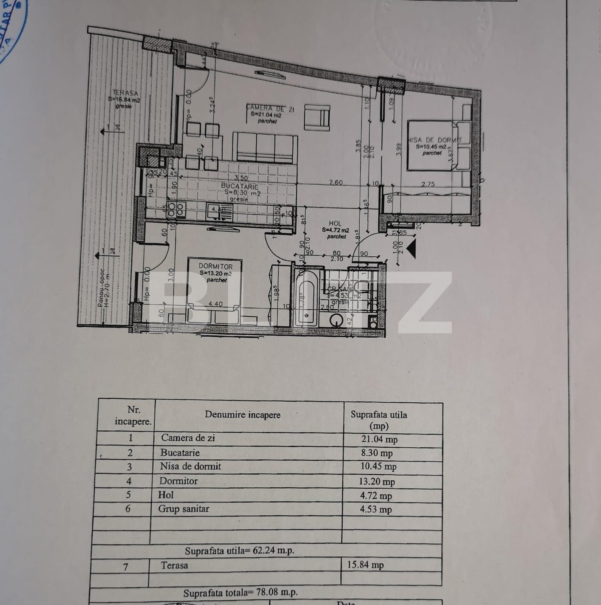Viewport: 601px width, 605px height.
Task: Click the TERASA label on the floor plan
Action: (125, 93)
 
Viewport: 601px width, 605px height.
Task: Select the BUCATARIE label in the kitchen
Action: (240, 186)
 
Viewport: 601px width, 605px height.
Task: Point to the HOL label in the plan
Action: (335, 223)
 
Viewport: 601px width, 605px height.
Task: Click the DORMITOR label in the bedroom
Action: (216, 266)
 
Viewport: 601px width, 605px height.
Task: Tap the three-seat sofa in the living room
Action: (265, 147)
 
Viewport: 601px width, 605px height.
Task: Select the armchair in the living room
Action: (318, 117)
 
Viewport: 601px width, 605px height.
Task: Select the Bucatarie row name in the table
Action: (180, 453)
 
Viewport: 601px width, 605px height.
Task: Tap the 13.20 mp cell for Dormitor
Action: (377, 481)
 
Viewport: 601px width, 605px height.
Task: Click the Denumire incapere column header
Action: (242, 414)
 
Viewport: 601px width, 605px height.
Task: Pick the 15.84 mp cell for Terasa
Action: (365, 565)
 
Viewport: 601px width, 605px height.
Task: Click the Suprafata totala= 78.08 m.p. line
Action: (241, 593)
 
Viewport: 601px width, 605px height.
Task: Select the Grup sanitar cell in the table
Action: (183, 509)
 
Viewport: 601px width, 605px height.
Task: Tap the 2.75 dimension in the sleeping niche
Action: (428, 184)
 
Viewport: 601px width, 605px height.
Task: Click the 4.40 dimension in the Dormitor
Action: (216, 304)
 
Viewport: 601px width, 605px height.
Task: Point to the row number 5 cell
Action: (129, 495)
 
